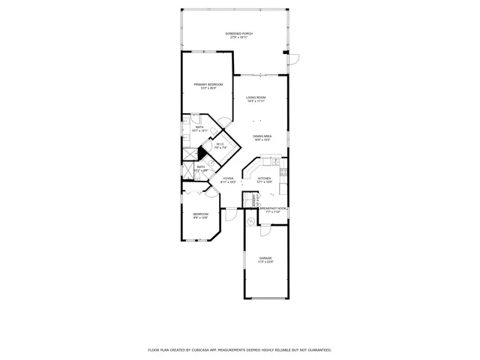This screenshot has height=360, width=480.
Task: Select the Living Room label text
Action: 256,100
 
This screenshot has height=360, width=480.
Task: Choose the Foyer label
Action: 228,180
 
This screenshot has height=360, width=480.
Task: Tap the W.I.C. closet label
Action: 220,146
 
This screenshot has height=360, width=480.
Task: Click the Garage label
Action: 266,259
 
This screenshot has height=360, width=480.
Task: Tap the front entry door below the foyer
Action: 232,215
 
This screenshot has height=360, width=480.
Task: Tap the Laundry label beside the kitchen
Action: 254,200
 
